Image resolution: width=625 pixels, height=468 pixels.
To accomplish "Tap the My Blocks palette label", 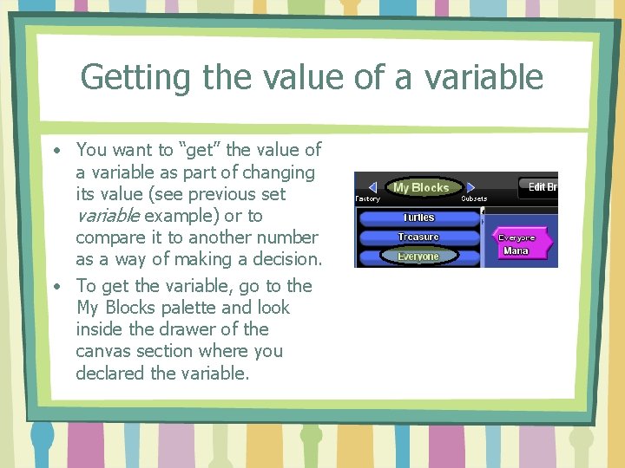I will [420, 187].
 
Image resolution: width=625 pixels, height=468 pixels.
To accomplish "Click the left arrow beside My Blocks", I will [372, 187].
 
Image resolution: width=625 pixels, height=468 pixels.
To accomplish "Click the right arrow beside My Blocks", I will [471, 187].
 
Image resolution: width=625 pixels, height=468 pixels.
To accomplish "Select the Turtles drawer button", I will [418, 218].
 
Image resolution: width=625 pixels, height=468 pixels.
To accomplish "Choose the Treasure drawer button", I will [418, 237].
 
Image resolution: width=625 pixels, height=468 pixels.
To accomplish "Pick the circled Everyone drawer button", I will [418, 257].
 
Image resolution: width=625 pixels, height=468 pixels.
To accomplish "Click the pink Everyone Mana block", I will [517, 244].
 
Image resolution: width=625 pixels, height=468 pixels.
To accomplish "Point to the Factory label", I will [367, 199].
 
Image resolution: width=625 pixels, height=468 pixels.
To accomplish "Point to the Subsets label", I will [474, 199].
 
